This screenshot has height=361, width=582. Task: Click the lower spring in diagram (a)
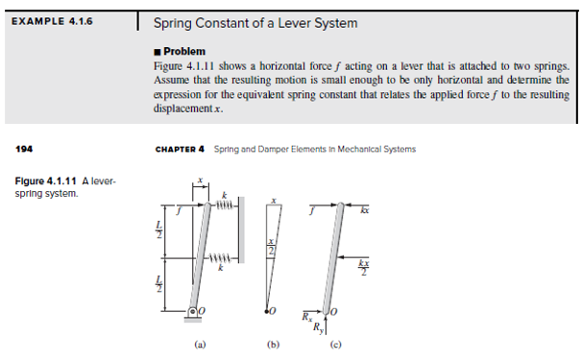[223, 255]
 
